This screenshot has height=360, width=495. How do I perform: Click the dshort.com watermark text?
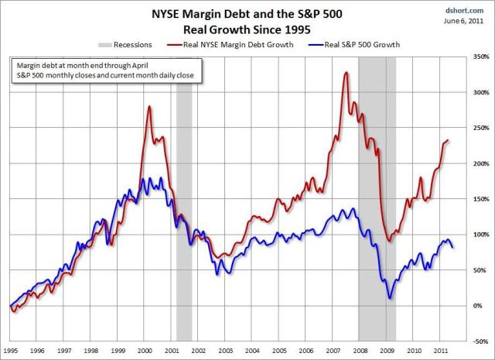(x=470, y=10)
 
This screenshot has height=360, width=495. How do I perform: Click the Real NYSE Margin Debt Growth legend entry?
(x=241, y=46)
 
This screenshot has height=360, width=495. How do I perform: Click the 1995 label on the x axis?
(x=11, y=350)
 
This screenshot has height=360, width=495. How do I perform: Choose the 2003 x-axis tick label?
(x=226, y=350)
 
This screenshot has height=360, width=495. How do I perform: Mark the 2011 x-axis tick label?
(x=441, y=350)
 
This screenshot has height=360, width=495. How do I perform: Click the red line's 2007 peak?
(x=346, y=73)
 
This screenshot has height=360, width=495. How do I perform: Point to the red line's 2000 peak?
(x=148, y=106)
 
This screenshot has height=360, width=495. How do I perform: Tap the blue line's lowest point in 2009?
(x=390, y=297)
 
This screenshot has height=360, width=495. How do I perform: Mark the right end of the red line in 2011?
(x=448, y=140)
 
